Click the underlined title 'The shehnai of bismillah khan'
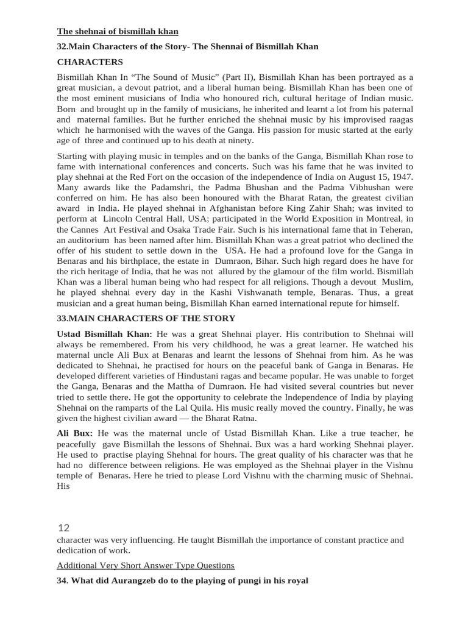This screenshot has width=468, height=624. coord(118,32)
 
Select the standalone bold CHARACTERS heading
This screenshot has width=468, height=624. coord(90,62)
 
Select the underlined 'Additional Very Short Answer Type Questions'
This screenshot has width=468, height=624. coord(146,565)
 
